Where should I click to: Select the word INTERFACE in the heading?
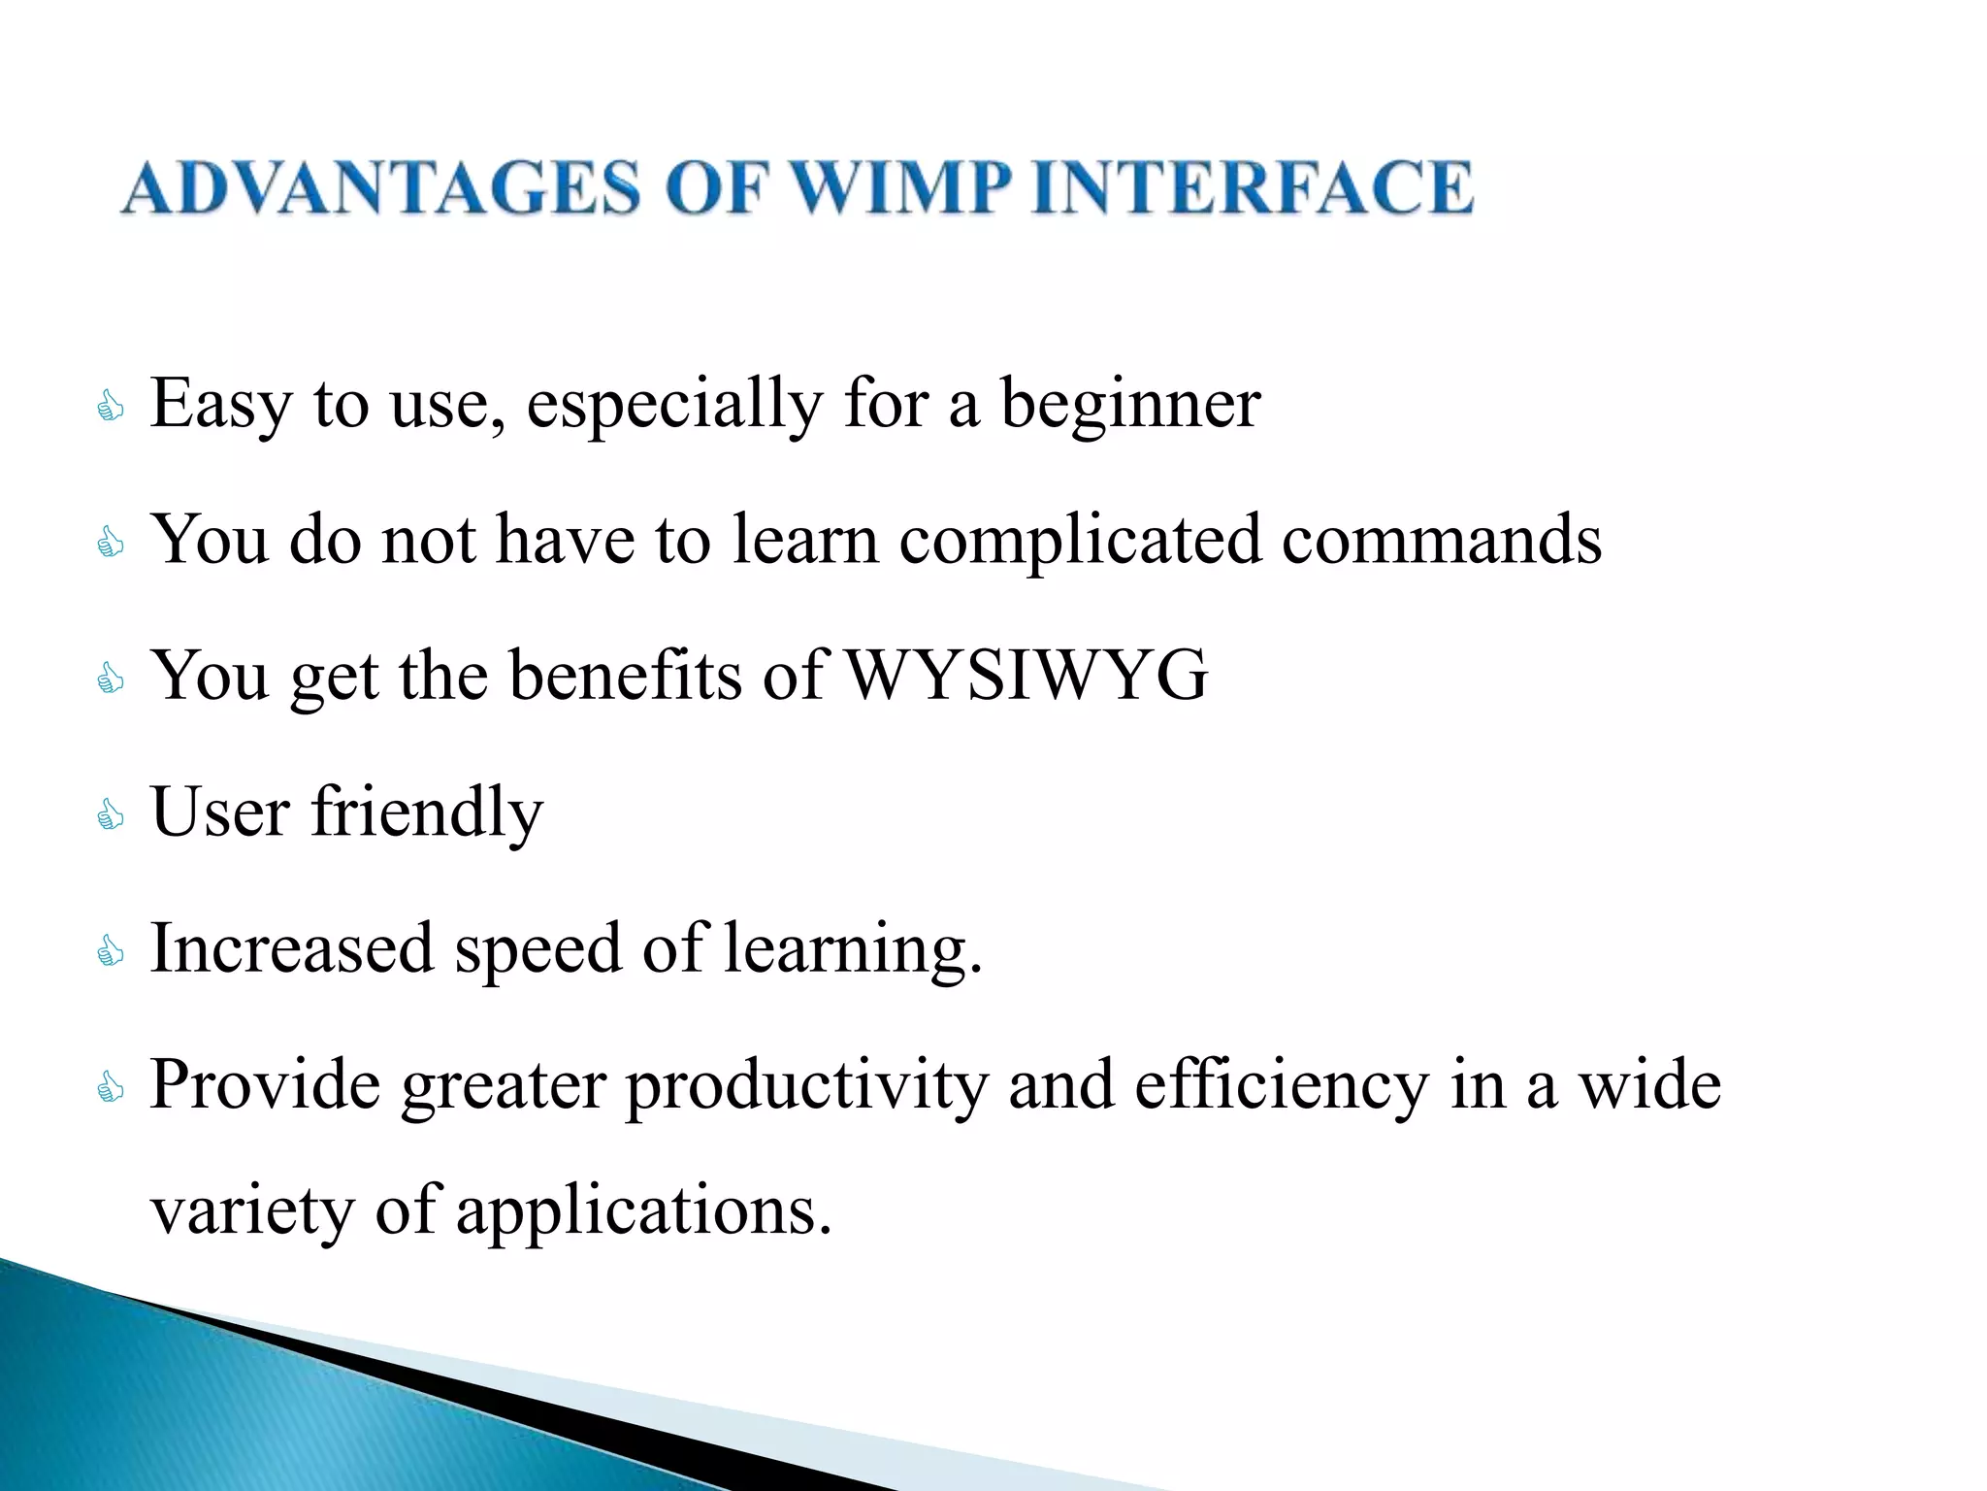tap(1253, 187)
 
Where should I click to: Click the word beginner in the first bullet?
tap(1129, 404)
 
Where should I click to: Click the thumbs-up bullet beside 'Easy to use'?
tap(111, 407)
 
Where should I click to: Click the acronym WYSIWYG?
tap(1027, 675)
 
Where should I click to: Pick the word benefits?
tap(625, 675)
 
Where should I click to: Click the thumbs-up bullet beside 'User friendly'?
tap(111, 814)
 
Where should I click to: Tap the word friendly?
tap(427, 812)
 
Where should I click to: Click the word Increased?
tap(291, 948)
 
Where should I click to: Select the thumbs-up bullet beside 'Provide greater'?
tap(111, 1087)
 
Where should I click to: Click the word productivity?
tap(805, 1087)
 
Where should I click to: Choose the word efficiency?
tap(1281, 1087)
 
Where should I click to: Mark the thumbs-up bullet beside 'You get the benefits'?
tap(111, 679)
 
